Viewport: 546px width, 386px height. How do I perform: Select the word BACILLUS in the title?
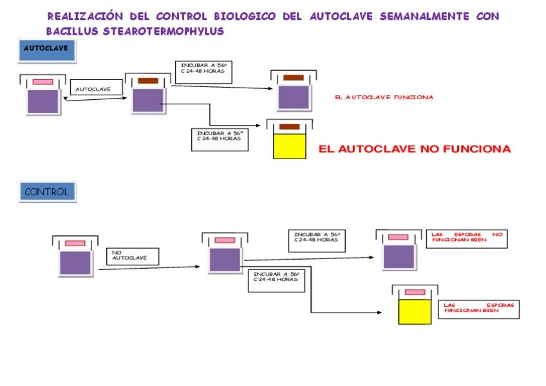[73, 31]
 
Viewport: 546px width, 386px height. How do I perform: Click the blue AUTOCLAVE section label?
[47, 50]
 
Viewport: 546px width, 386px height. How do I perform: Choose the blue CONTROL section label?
[47, 191]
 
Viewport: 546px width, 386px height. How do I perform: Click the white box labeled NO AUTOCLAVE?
[133, 256]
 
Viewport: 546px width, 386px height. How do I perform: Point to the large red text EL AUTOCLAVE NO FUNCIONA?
[415, 149]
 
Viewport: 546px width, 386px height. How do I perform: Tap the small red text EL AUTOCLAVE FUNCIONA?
[384, 97]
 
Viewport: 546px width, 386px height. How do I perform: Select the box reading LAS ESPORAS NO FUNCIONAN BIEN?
[466, 238]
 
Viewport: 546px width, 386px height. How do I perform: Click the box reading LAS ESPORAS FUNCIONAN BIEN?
[479, 309]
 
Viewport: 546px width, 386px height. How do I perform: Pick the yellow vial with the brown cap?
[289, 145]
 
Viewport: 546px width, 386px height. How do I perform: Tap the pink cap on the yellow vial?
[415, 292]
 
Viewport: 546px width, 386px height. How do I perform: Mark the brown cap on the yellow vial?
[289, 126]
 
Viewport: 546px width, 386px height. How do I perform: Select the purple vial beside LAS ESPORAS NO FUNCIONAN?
[397, 256]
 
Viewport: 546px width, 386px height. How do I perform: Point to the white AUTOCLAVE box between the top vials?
[97, 89]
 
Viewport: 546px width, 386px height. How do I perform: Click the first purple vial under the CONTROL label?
[75, 262]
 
